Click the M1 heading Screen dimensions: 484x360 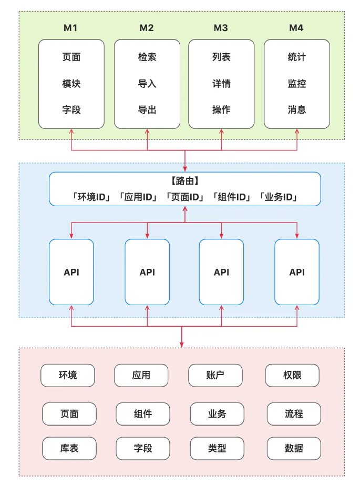pyautogui.click(x=71, y=28)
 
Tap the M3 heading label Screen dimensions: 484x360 pyautogui.click(x=221, y=28)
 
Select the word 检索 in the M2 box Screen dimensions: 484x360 pyautogui.click(x=147, y=57)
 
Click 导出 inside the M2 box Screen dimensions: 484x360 pyautogui.click(x=147, y=110)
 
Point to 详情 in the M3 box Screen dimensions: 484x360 pyautogui.click(x=221, y=84)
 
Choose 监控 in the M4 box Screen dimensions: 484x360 pyautogui.click(x=297, y=84)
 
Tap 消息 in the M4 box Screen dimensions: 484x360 pyautogui.click(x=297, y=110)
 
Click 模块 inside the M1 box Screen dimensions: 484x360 pyautogui.click(x=71, y=84)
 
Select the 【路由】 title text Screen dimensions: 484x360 pyautogui.click(x=184, y=181)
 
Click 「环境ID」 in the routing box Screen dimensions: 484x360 pyautogui.click(x=92, y=197)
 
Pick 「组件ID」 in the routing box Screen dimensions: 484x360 pyautogui.click(x=232, y=197)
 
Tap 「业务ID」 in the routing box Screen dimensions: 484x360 pyautogui.click(x=279, y=197)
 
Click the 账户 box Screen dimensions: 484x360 pyautogui.click(x=215, y=375)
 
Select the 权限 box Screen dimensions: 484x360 pyautogui.click(x=293, y=375)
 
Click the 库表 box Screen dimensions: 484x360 pyautogui.click(x=69, y=448)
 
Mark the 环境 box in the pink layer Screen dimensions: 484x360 pyautogui.click(x=68, y=375)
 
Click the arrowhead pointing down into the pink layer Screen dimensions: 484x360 pyautogui.click(x=182, y=344)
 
